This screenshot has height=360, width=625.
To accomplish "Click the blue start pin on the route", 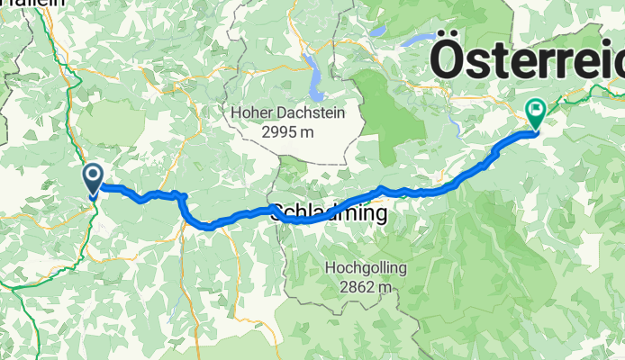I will pyautogui.click(x=93, y=178).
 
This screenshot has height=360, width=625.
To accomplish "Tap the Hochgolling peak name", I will pyautogui.click(x=366, y=268).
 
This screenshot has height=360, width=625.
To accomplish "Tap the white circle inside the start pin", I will pyautogui.click(x=93, y=174).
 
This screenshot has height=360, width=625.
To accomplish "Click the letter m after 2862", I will pyautogui.click(x=387, y=287).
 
